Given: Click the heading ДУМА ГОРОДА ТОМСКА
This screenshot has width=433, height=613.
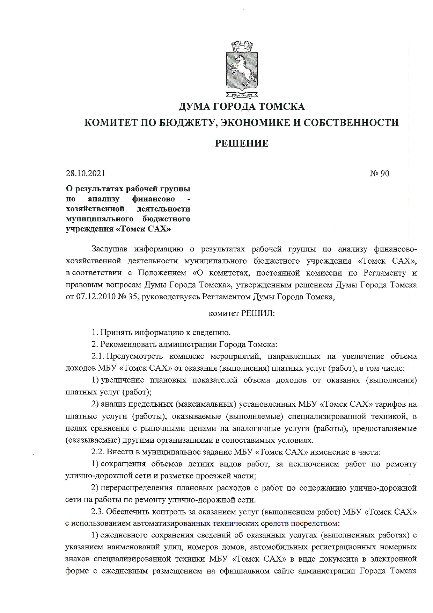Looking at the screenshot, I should click(x=242, y=106).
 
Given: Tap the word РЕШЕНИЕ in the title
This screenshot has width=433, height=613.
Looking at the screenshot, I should click(x=242, y=143).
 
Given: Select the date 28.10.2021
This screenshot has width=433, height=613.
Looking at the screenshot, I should click(x=85, y=173).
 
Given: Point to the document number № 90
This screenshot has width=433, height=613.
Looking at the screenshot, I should click(x=380, y=173).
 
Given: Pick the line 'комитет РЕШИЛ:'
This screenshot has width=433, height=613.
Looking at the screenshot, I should click(x=242, y=313).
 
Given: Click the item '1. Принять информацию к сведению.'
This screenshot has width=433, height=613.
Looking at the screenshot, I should click(x=161, y=332).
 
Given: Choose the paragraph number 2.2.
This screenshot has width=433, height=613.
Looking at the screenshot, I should click(x=98, y=452).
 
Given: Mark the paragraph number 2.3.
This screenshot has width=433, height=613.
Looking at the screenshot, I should click(x=98, y=512).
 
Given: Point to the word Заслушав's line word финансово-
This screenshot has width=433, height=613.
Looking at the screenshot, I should click(x=395, y=249).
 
